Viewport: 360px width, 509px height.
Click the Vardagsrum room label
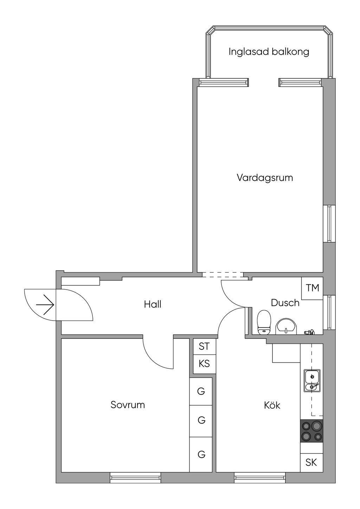coord(265,178)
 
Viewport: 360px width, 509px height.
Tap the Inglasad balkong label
coord(269,52)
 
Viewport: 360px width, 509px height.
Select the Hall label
coord(153,304)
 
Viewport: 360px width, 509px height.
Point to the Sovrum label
coord(128,405)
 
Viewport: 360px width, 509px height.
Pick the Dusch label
coord(285,303)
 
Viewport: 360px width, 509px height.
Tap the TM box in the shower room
coord(312,288)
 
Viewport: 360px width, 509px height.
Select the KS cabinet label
coord(204,364)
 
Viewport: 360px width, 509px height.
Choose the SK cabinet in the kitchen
coord(311,462)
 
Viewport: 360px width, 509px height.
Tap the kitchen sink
coord(312,381)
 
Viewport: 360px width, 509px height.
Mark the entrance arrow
coord(45,305)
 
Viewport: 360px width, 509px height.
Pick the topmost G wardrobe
coord(201,391)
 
